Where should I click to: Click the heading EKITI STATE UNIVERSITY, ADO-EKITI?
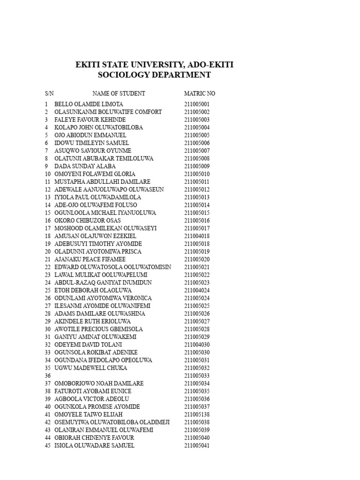pos(154,65)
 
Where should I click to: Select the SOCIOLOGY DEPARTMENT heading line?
pos(154,75)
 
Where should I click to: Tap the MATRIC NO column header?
pos(200,93)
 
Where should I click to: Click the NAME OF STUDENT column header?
pos(119,93)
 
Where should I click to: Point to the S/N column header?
pos(49,93)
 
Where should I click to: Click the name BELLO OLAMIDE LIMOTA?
pos(89,104)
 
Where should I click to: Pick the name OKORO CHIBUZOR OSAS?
pos(87,220)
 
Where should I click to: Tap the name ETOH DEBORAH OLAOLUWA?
pos(93,290)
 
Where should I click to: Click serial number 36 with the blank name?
pos(47,375)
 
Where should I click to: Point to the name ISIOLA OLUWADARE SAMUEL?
pos(94,445)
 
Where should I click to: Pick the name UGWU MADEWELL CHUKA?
pos(90,368)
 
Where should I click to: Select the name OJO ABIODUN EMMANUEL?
pos(90,135)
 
